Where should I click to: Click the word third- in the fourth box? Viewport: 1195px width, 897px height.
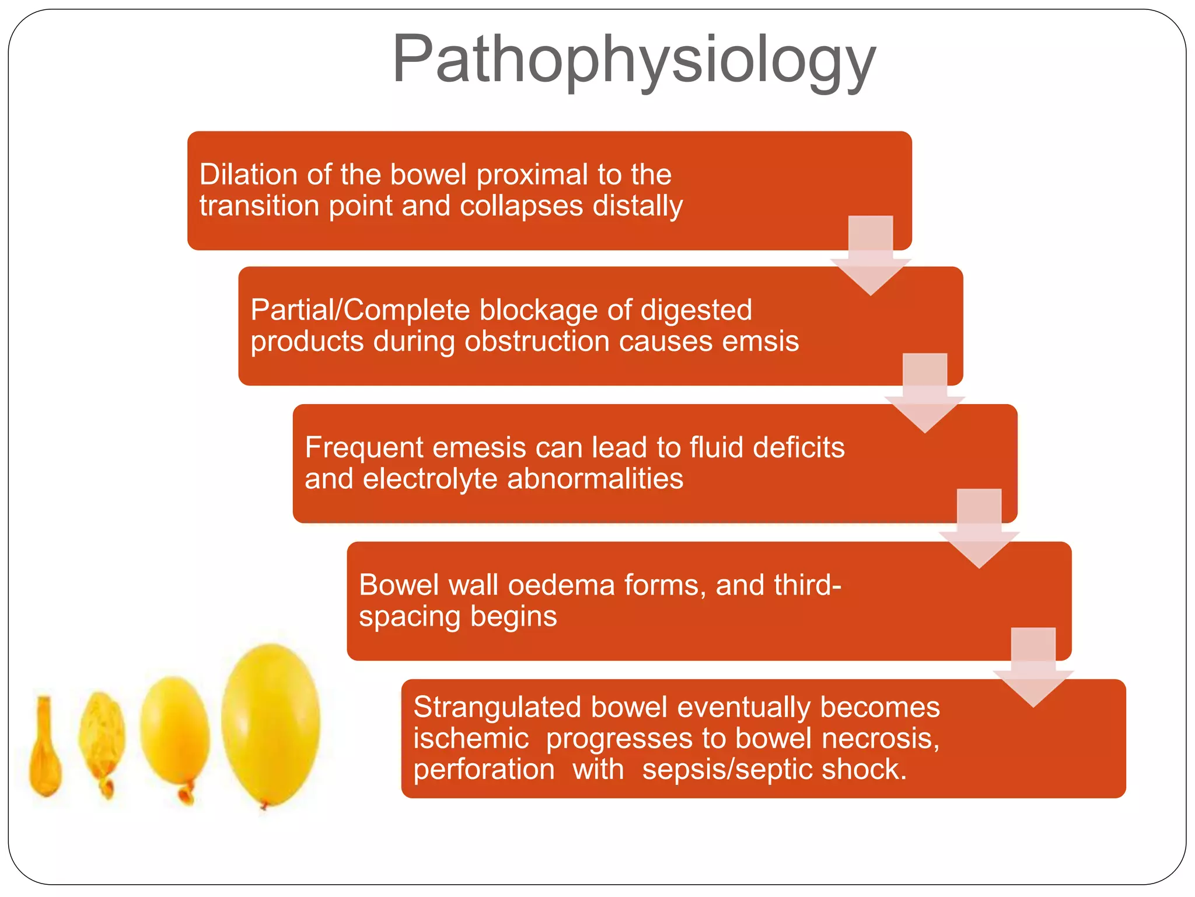[807, 586]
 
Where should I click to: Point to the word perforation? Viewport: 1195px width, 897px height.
[484, 770]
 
